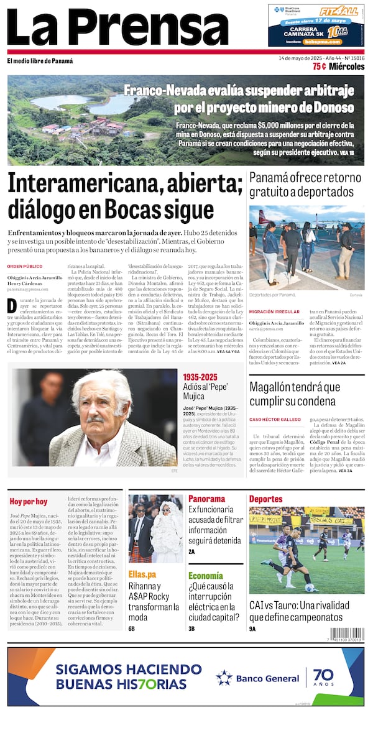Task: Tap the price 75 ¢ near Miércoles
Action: pos(320,67)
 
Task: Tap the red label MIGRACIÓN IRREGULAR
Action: pos(274,311)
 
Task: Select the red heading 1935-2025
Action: pos(200,377)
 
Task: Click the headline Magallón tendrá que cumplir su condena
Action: pos(295,394)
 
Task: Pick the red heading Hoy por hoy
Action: pos(28,500)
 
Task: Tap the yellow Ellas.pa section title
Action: pos(142,574)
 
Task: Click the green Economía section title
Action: pos(205,576)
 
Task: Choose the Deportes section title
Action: pos(265,499)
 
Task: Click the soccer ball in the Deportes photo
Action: pos(309,588)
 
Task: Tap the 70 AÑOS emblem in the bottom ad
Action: pos(323,678)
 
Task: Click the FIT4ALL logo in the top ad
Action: pos(338,11)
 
